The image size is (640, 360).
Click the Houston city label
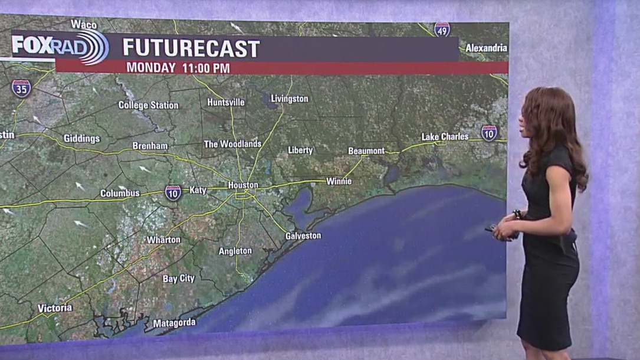[243, 185]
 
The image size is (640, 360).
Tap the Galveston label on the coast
[303, 235]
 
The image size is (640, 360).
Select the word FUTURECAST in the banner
[191, 49]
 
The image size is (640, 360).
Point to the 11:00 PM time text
[204, 68]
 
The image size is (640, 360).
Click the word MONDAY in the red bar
[151, 68]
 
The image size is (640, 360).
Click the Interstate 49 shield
[442, 30]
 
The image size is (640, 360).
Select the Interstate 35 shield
[21, 88]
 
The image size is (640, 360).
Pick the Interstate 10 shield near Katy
[173, 192]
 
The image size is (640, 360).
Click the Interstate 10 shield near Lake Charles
[489, 133]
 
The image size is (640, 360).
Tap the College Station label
[148, 105]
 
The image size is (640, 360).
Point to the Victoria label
[55, 308]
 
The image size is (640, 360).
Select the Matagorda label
[174, 323]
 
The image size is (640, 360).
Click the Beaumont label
[366, 151]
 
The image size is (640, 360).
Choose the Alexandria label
[486, 48]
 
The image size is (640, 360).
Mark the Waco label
[84, 24]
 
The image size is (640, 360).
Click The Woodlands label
[232, 144]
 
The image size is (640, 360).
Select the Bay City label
[179, 278]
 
